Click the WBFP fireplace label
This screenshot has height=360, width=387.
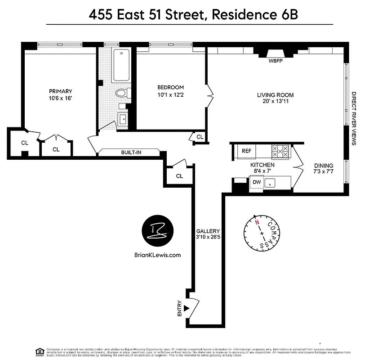click(275, 61)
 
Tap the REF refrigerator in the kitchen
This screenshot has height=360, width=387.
click(246, 151)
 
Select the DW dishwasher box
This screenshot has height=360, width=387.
click(257, 182)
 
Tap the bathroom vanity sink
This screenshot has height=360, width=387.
click(123, 119)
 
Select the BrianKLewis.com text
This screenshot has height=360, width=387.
click(157, 255)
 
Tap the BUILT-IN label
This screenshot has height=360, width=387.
click(131, 153)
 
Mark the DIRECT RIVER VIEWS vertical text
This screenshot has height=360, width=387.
click(354, 118)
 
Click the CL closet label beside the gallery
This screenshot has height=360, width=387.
click(179, 176)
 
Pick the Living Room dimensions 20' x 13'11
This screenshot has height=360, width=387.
click(275, 102)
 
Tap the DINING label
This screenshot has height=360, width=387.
click(324, 165)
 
